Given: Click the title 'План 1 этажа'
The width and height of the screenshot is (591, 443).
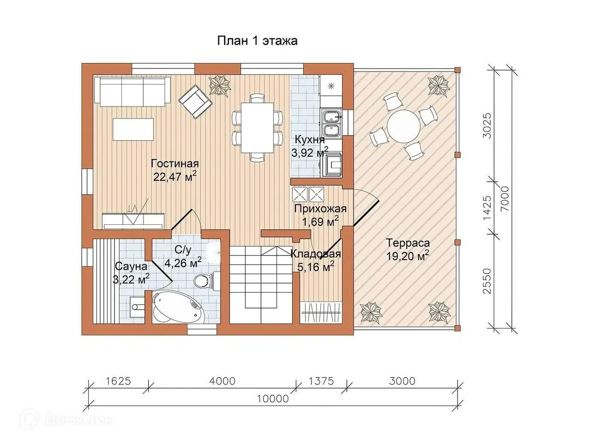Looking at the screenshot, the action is click(257, 41).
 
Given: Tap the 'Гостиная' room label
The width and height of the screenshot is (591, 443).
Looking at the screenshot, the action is click(175, 163).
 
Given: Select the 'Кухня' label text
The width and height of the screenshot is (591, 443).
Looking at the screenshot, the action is click(310, 140).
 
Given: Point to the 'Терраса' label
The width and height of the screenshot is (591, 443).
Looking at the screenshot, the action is click(408, 243).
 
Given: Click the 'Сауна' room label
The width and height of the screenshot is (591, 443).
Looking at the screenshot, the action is click(131, 266).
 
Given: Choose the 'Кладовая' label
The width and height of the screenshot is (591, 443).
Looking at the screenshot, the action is click(316, 254).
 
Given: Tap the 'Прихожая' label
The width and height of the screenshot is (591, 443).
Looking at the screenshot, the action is click(320, 209).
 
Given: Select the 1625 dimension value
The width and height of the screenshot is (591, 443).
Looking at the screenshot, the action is click(118, 381).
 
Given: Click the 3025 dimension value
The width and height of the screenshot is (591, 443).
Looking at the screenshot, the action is click(487, 126).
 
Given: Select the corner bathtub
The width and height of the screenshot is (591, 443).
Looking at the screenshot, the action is click(178, 307).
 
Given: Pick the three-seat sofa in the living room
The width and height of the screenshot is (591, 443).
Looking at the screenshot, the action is click(132, 92).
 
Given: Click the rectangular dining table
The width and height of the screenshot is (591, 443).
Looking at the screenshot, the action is click(257, 127).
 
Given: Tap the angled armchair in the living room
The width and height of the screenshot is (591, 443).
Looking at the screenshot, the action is click(195, 102).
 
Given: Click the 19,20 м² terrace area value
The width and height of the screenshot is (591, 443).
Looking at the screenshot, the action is click(408, 256).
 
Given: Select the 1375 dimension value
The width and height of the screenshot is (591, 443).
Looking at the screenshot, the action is click(321, 381).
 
